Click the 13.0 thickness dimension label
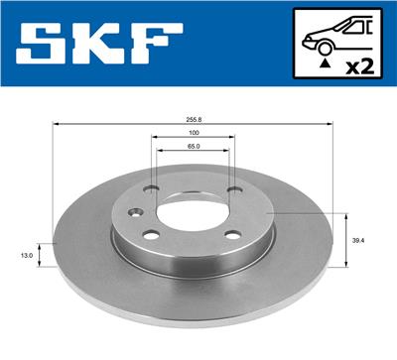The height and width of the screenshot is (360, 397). click(x=26, y=255)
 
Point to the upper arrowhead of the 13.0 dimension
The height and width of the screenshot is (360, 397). click(x=41, y=243)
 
